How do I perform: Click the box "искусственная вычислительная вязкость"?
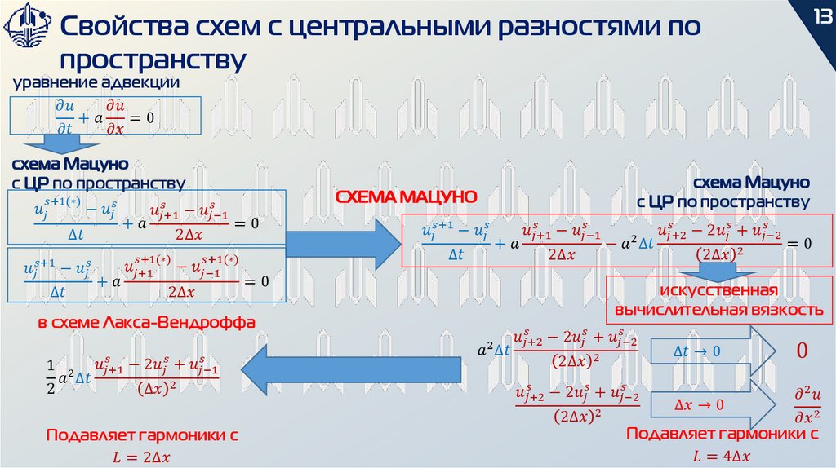(x=718, y=301)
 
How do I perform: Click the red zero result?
(x=801, y=352)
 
